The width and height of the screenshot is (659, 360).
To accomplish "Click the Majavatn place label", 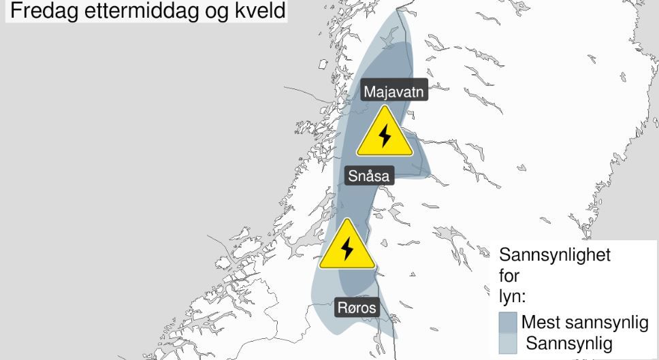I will click(x=395, y=92).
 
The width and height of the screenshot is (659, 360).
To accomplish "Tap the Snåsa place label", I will click(x=368, y=176).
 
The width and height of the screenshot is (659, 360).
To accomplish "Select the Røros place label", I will click(x=357, y=308).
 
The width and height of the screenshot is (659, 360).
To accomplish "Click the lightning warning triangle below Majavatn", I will click(x=385, y=133).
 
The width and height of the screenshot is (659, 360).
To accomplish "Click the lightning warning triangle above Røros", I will click(x=347, y=246).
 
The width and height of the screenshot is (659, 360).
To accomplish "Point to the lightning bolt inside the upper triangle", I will click(x=385, y=135).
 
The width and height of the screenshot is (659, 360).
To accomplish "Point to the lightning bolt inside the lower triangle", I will click(x=347, y=248).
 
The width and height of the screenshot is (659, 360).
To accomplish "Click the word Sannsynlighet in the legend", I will click(x=555, y=256).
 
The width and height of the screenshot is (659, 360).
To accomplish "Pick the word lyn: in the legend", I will click(x=510, y=297).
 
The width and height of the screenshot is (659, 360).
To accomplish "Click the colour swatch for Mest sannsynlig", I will click(x=508, y=322).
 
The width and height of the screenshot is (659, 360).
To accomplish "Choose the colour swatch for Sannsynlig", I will click(x=508, y=342).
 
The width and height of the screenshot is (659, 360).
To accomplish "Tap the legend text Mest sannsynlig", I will click(x=585, y=322).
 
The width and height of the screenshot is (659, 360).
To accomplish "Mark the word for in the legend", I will click(x=509, y=276).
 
